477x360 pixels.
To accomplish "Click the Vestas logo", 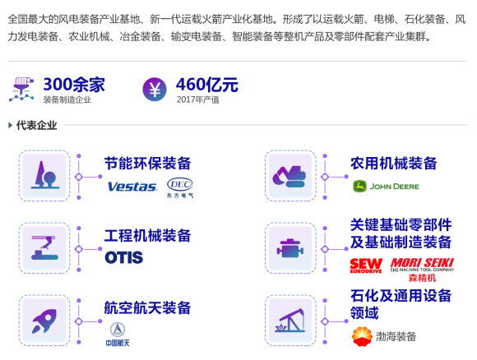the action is click(x=132, y=187).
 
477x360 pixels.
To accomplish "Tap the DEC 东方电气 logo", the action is click(x=180, y=187).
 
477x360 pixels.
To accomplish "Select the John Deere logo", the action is click(x=386, y=187).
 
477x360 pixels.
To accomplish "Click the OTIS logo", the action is click(x=124, y=257).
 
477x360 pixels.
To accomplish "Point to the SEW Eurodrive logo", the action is click(x=366, y=265).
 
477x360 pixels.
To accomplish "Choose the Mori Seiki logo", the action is click(x=422, y=270).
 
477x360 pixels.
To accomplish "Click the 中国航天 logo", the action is click(x=118, y=335).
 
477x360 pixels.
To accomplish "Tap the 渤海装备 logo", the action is click(x=384, y=337).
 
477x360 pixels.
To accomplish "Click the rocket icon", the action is click(x=44, y=321).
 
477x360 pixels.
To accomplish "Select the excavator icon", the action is click(x=289, y=177).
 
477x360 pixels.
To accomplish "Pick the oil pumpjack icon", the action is click(x=290, y=321).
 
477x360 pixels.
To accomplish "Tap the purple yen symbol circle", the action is click(x=155, y=89).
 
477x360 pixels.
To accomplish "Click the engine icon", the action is click(x=290, y=248).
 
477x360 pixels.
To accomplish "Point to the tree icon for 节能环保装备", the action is click(x=45, y=175).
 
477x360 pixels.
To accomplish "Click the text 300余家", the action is click(x=74, y=85).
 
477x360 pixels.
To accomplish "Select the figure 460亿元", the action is click(x=207, y=85).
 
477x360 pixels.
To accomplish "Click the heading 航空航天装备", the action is click(x=147, y=307).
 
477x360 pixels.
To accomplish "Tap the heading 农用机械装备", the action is click(x=394, y=164).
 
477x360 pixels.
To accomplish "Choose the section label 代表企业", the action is click(x=36, y=125).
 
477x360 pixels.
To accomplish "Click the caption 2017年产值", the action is click(x=197, y=99).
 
